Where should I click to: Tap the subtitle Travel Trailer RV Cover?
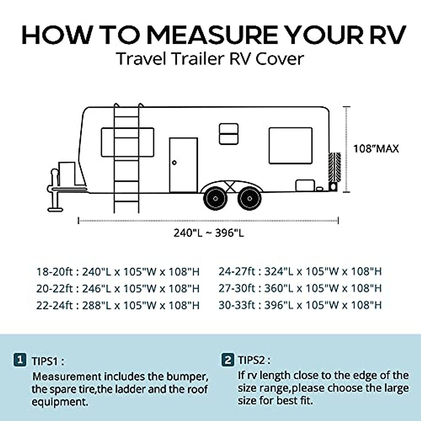[x=210, y=59]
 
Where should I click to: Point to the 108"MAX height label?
[x=376, y=149]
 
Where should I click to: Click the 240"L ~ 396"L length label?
[x=208, y=233]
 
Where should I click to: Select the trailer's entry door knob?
[x=174, y=163]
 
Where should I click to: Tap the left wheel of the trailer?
[x=215, y=199]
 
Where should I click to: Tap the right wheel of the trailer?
[x=249, y=199]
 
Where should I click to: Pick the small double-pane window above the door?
[x=229, y=134]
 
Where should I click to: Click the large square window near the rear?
[x=290, y=146]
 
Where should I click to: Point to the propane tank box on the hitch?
[x=67, y=173]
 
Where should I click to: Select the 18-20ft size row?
[x=118, y=272]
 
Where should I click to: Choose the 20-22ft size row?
[x=118, y=288]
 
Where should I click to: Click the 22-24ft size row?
[x=118, y=305]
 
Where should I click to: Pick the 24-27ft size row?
[x=300, y=272]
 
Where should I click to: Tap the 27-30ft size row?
[x=300, y=288]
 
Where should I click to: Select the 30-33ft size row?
[x=300, y=305]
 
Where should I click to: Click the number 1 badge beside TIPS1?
[x=20, y=360]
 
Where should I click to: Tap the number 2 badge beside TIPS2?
[x=228, y=360]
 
